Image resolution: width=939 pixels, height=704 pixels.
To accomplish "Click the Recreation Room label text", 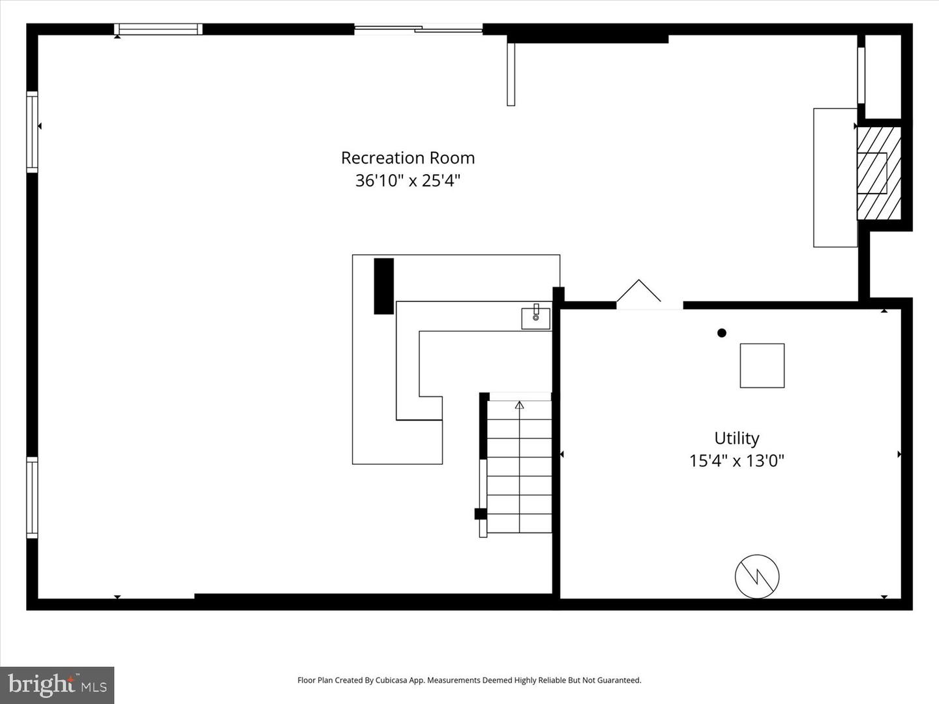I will coord(408,158).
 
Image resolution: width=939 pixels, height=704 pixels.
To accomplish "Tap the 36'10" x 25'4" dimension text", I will coord(408,181).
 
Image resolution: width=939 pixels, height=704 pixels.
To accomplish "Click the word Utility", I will coord(736,438).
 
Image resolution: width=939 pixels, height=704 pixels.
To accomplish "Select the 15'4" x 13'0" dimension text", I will coord(736,461).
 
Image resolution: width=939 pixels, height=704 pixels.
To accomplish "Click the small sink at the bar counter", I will coord(535,317).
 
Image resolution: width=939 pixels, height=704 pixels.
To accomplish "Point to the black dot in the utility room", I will coord(722,333).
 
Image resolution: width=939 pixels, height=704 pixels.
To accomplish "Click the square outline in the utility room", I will coord(762,366).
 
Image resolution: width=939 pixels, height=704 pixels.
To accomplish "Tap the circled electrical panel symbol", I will coord(757,576).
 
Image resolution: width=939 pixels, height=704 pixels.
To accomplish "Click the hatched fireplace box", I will coord(878,173).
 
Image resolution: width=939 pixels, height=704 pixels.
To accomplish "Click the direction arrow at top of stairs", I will coord(519,405).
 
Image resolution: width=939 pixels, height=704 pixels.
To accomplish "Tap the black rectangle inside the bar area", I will coord(383,286).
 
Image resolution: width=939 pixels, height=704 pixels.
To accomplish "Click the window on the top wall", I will coord(158,29).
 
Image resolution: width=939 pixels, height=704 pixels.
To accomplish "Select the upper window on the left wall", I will coord(32,132).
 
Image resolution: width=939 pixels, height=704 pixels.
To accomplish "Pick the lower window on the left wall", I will coord(32,498).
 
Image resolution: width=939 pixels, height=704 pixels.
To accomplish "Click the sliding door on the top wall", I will coord(418,28).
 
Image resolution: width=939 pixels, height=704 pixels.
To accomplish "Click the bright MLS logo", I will coord(57,685).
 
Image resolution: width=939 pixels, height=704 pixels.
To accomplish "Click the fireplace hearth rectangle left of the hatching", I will coord(835,177).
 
